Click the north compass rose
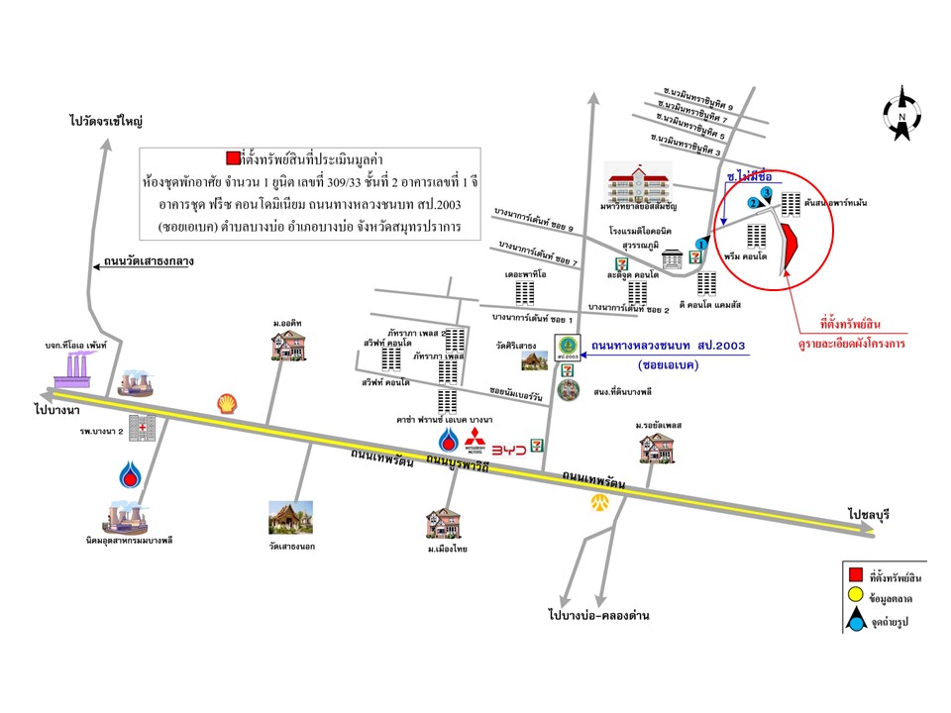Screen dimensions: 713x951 click(902, 111)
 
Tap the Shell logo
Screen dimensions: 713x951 click(227, 401)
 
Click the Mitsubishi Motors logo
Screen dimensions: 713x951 click(475, 442)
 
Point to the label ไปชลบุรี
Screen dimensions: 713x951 click(870, 514)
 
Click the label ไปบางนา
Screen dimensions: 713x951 click(56, 408)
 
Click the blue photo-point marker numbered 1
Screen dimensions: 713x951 click(701, 243)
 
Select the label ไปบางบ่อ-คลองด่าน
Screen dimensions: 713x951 click(597, 615)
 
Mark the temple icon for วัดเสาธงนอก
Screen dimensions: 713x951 click(291, 517)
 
